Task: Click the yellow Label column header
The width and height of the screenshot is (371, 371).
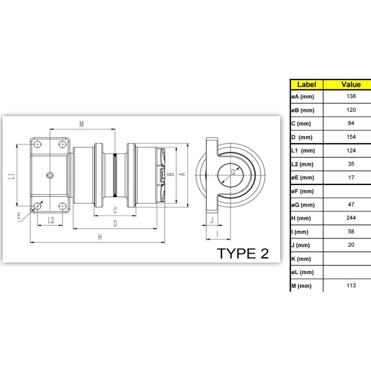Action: coord(307,84)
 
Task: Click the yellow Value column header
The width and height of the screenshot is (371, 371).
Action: coord(351,84)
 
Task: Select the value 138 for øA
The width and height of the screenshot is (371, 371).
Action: coord(351,96)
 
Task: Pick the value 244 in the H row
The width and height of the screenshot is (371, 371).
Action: coord(351,217)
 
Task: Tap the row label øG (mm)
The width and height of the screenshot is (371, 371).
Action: coord(303,205)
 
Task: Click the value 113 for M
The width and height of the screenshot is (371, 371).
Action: coord(351,285)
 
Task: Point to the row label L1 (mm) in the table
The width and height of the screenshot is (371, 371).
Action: coord(303,151)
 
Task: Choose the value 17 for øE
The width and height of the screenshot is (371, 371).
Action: coord(351,178)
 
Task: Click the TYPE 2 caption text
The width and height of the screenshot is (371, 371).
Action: coord(243,253)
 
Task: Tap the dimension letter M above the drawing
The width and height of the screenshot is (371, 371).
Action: coord(82,124)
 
